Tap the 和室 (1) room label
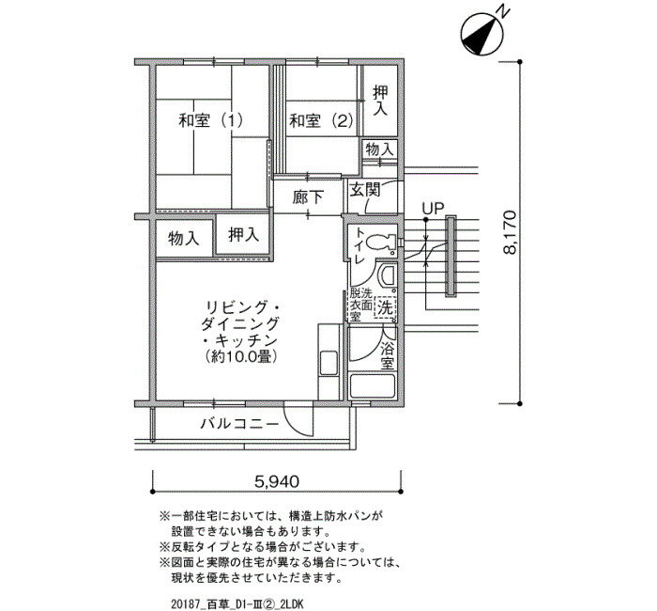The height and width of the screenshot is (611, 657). click(211, 121)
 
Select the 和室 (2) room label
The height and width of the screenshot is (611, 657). click(322, 121)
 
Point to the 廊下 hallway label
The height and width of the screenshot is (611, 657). click(308, 197)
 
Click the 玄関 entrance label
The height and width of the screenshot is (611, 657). click(365, 190)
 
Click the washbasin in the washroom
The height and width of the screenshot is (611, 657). click(387, 275)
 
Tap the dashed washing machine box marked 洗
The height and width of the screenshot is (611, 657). click(385, 308)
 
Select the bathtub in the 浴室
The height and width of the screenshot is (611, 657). click(373, 386)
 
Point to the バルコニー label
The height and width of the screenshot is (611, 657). click(239, 424)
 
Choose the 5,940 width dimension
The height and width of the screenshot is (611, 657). click(277, 481)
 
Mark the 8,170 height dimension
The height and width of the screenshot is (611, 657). click(510, 232)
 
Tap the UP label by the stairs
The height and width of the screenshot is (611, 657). click(433, 208)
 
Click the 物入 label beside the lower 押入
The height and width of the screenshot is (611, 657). click(184, 239)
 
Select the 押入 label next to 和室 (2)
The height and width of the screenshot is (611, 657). click(380, 101)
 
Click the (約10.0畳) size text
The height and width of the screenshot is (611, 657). click(240, 356)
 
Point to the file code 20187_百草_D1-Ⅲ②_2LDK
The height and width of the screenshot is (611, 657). click(237, 603)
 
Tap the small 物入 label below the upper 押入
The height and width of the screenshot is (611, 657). click(380, 149)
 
